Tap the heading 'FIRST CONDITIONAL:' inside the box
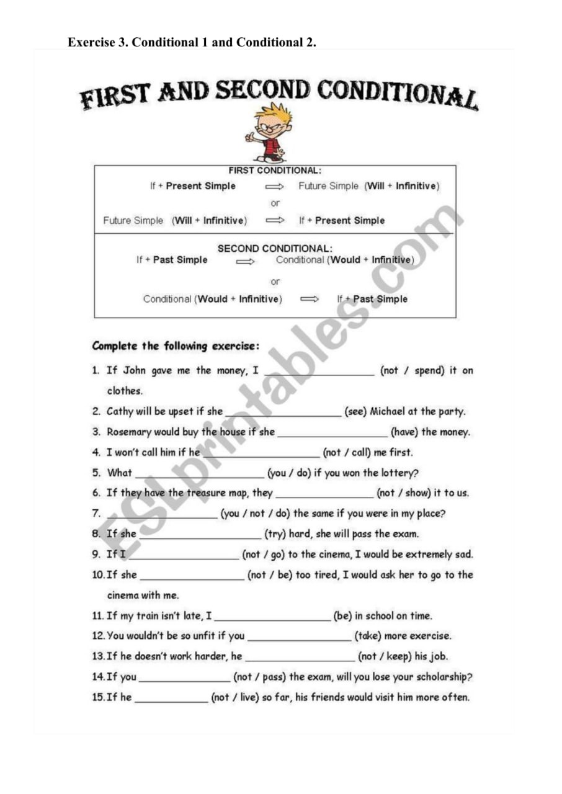tap(275, 171)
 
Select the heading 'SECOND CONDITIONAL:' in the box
tap(275, 248)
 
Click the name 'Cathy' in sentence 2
tap(120, 411)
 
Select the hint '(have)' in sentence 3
tap(404, 432)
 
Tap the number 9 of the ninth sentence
tap(96, 555)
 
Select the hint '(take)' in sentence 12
tap(368, 636)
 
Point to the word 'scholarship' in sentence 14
tap(441, 677)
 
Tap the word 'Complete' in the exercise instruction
tap(115, 346)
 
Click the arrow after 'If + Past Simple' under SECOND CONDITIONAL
tap(246, 261)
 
